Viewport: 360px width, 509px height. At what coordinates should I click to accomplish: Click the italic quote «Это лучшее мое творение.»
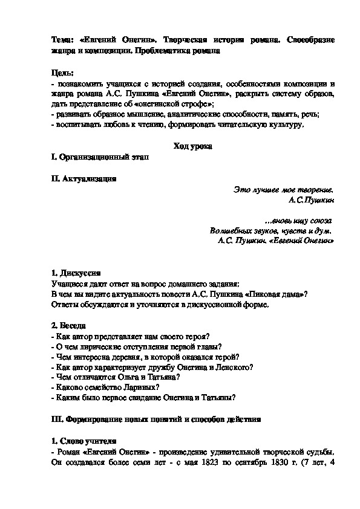tap(284, 189)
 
